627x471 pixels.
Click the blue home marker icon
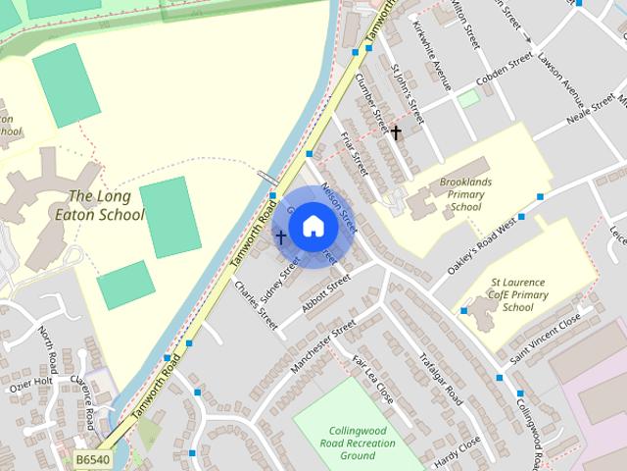coord(313,226)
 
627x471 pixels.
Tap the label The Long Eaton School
coord(107,206)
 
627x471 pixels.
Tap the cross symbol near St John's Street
coord(396,131)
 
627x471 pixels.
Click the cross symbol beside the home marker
coord(280,236)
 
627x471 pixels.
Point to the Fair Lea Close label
coord(372,380)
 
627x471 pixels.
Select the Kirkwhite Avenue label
coord(432,55)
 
